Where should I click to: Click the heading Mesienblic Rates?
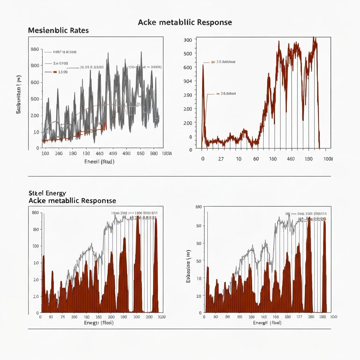coord(58,31)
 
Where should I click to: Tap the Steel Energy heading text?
coord(47,193)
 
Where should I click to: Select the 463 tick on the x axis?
coord(99,154)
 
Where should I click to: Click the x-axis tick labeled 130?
coord(86,154)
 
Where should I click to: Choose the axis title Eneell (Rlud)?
coord(99,162)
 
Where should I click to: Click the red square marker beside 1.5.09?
coord(54,72)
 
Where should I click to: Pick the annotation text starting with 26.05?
coord(92,67)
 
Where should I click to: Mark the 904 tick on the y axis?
coord(188,81)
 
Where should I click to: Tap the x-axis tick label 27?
coord(221,159)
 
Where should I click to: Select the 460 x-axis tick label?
coord(291,159)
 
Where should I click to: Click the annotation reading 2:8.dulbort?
coord(226,94)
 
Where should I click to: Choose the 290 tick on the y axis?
coord(188,95)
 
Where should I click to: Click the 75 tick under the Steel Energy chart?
coord(63,317)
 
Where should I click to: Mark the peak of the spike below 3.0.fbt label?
coord(203,65)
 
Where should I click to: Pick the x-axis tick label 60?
coord(256,159)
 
